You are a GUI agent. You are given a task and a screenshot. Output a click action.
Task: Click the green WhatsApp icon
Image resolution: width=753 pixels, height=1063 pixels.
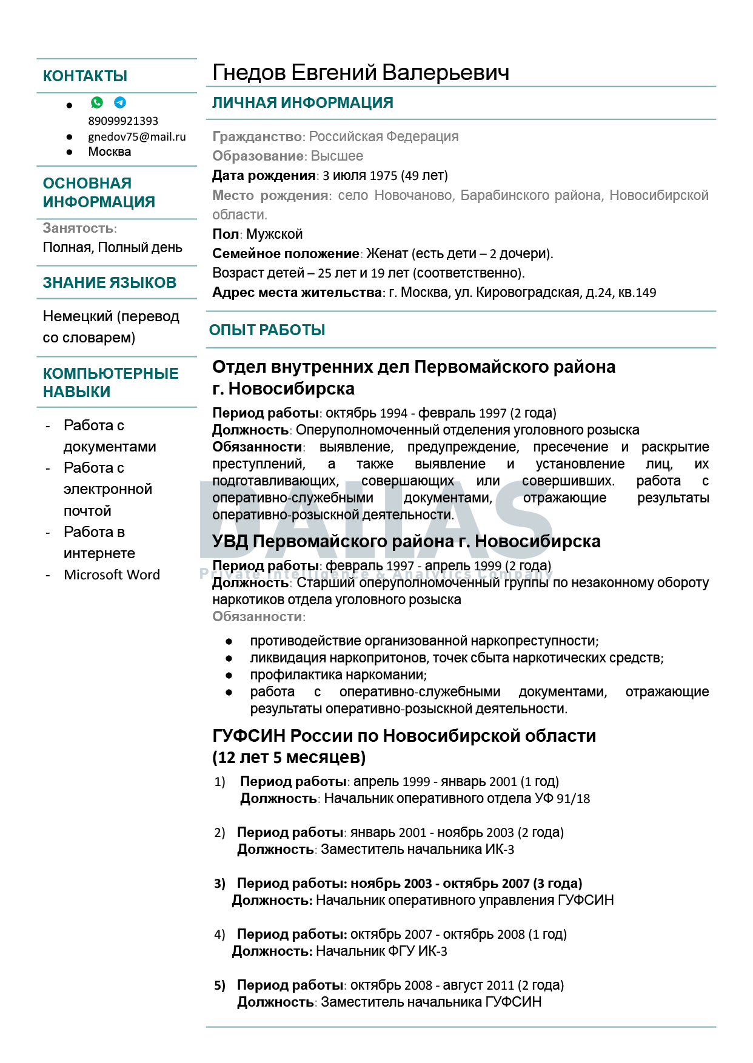(x=97, y=102)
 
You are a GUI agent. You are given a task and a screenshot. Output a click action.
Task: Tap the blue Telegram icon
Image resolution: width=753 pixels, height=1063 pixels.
(x=120, y=102)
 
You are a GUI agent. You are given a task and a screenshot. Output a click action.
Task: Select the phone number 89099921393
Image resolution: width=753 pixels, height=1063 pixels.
(x=123, y=121)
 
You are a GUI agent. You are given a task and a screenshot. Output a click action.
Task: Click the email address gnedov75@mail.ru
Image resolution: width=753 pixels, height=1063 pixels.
(x=137, y=137)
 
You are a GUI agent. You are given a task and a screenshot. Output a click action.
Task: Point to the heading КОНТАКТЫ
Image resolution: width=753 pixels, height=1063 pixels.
(x=85, y=76)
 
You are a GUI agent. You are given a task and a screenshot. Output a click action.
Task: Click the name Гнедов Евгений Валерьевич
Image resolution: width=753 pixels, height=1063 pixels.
(x=361, y=73)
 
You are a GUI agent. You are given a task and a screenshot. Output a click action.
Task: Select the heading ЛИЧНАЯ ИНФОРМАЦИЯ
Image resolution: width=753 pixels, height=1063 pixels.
(x=303, y=103)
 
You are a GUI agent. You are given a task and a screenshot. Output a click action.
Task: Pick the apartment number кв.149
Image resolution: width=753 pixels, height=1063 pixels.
(x=637, y=293)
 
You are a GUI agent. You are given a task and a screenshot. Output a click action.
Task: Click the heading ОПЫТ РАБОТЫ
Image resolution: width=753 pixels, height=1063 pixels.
(x=267, y=330)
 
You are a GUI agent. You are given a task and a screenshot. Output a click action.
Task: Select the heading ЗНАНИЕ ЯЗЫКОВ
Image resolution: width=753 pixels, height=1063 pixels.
(x=109, y=283)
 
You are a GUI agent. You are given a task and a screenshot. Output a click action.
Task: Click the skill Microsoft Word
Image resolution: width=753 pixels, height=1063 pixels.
(x=112, y=575)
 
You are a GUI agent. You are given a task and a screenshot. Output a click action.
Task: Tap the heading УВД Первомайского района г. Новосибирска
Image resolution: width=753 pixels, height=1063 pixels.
(x=406, y=541)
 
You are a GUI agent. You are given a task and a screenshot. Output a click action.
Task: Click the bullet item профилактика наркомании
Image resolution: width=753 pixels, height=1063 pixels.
(x=338, y=675)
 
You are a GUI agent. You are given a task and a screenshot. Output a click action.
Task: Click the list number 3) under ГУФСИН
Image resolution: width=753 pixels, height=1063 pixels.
(x=219, y=884)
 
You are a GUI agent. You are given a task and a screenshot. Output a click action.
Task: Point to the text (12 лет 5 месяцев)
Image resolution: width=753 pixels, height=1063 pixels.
(x=289, y=758)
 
